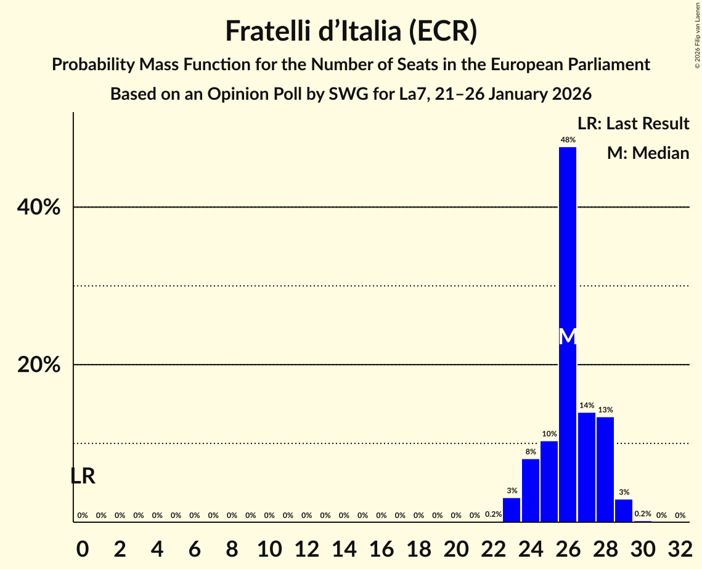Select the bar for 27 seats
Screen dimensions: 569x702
586,467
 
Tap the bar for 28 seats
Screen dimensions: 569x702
605,469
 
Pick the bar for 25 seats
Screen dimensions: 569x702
549,482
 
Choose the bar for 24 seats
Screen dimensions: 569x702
531,490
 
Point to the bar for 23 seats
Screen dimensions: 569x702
512,510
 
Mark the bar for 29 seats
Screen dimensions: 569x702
624,510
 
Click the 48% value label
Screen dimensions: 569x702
568,140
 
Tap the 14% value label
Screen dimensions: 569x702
586,406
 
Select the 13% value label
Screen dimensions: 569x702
605,410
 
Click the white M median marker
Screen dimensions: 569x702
568,336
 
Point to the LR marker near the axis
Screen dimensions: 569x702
83,476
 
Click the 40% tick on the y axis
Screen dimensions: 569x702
39,208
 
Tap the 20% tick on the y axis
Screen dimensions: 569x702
39,365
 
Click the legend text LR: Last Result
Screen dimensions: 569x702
633,124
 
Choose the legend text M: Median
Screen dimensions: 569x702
648,153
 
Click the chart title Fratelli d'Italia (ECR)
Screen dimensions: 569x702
351,31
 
